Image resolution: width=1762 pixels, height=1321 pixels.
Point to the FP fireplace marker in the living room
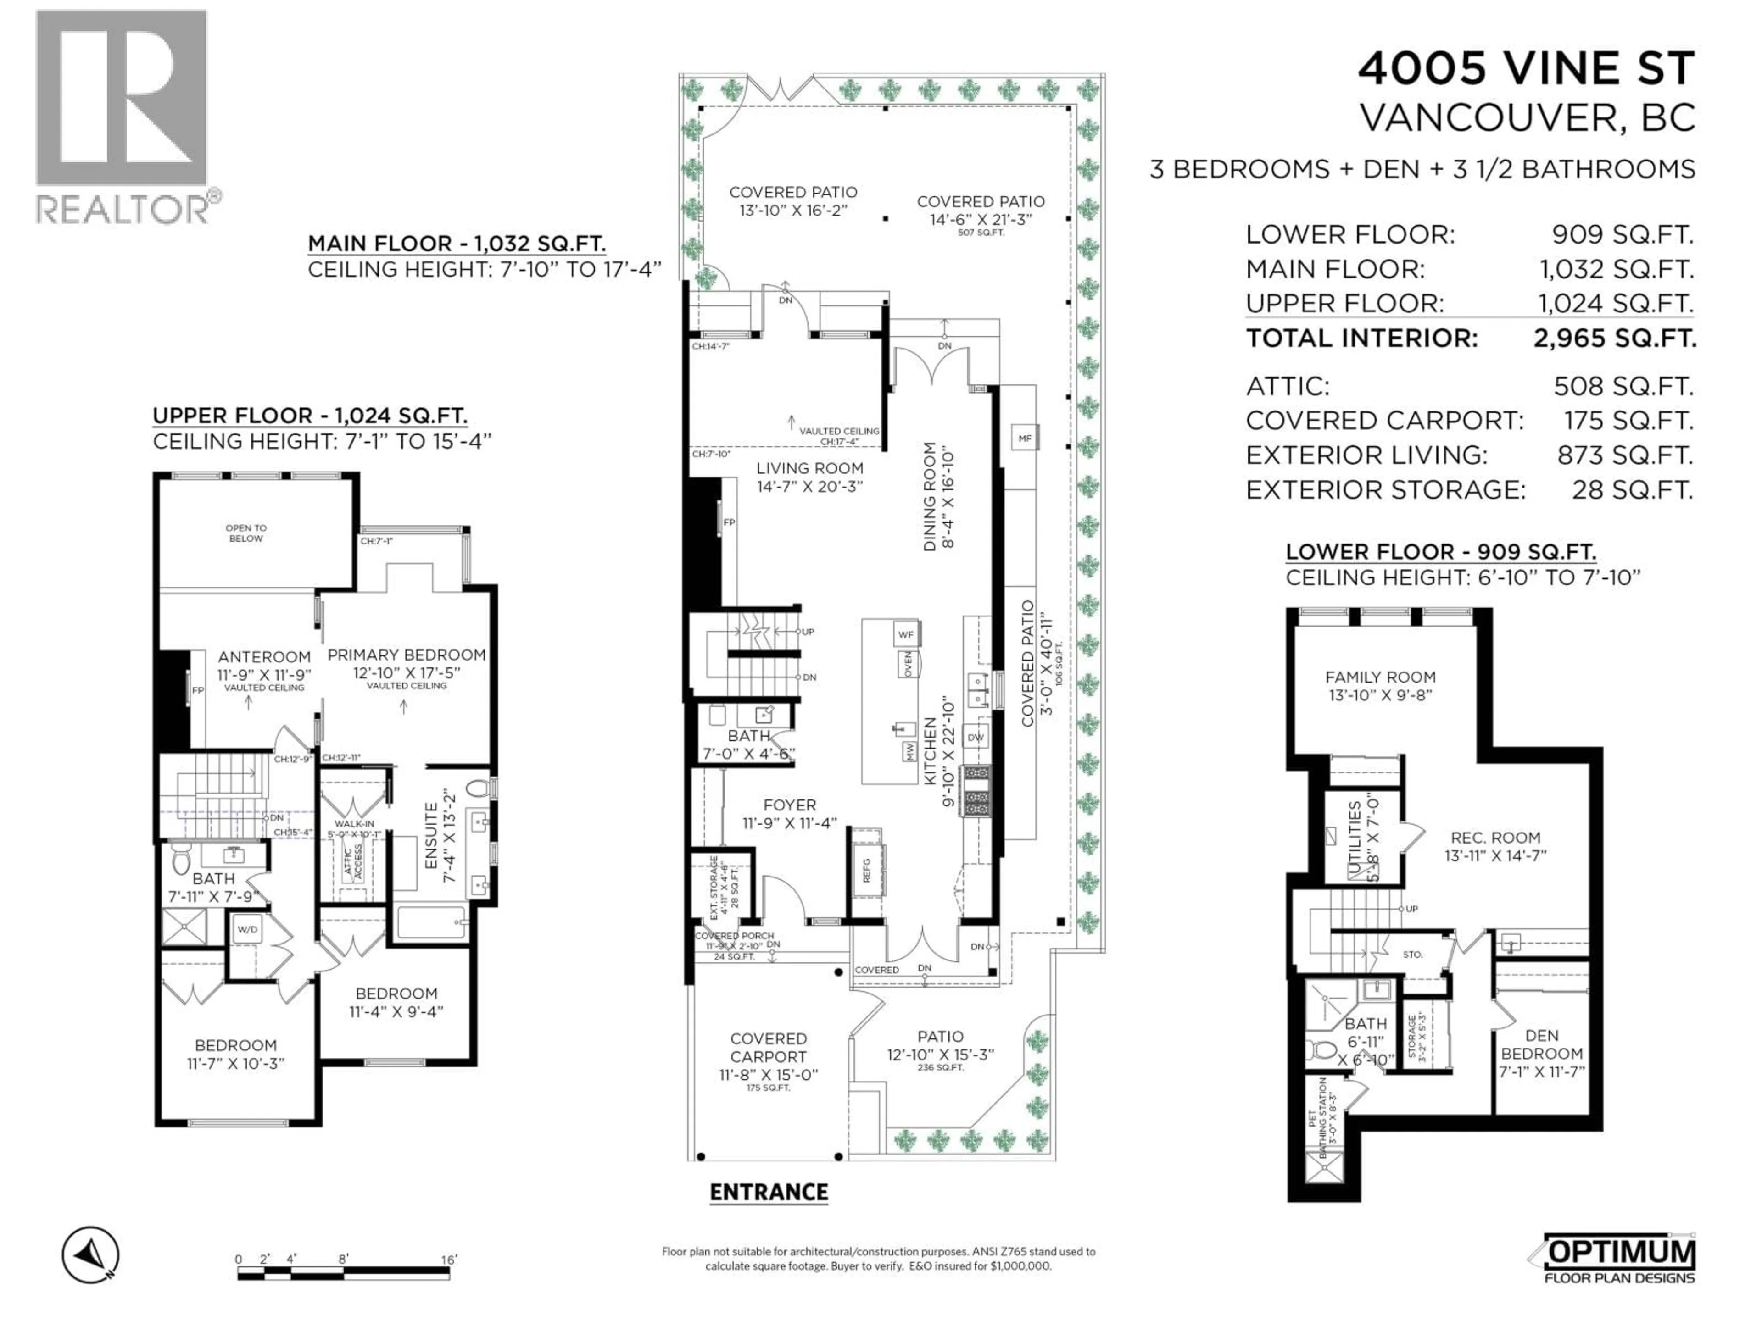tap(729, 522)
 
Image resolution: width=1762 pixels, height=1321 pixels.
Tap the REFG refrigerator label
tap(867, 870)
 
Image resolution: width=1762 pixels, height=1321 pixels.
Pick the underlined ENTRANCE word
tap(769, 1192)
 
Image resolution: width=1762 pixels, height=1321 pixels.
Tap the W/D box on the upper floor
tap(247, 929)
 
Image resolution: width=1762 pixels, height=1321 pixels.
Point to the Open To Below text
tap(245, 533)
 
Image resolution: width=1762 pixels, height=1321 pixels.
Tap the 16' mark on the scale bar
tap(448, 1260)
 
